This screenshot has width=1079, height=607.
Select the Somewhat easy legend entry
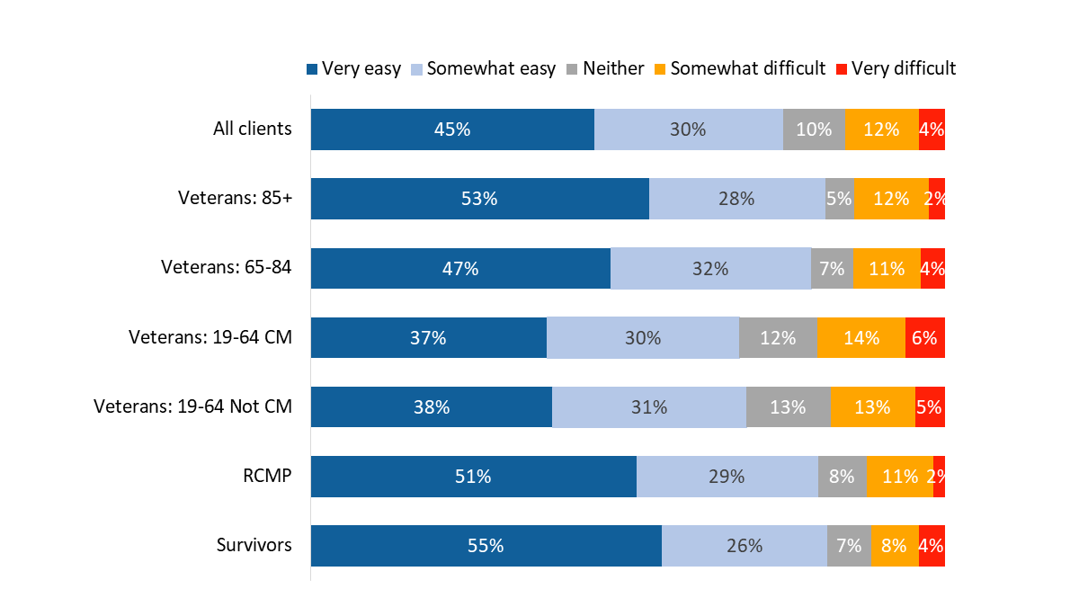click(x=484, y=68)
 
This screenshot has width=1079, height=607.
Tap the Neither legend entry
click(x=605, y=68)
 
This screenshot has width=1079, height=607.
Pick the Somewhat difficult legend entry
click(x=740, y=68)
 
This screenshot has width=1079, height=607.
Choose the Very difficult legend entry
click(x=896, y=68)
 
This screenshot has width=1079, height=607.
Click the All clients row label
click(x=252, y=129)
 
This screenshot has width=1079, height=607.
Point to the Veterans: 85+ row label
click(x=235, y=199)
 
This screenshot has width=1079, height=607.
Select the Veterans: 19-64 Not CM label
click(x=192, y=406)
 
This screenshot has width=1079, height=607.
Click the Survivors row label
click(x=254, y=545)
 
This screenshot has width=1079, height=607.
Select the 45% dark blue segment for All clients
click(x=452, y=129)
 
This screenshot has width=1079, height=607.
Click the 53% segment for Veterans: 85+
click(x=479, y=199)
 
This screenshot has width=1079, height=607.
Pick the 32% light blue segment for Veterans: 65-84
click(x=710, y=268)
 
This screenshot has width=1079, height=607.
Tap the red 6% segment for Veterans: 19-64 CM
click(x=924, y=337)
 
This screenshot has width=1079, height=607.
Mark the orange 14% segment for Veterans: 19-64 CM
click(x=861, y=337)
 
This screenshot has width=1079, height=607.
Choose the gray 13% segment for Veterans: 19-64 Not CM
click(x=788, y=406)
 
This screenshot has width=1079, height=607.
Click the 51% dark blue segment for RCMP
click(x=473, y=476)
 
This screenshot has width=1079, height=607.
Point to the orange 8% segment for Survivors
click(x=895, y=545)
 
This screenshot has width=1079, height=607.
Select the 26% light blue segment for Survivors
click(x=745, y=545)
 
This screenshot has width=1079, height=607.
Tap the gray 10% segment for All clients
click(x=814, y=129)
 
